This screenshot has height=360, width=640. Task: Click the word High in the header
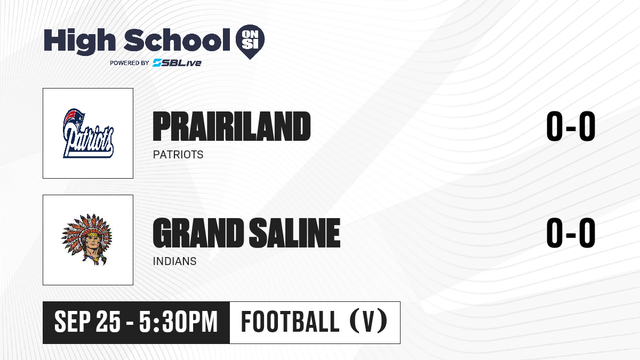79,41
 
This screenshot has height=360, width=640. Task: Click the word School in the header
177,40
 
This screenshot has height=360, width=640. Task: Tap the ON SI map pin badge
250,42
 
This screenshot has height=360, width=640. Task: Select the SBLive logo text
177,63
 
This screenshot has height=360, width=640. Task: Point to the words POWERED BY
130,63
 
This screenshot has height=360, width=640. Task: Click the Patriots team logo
89,133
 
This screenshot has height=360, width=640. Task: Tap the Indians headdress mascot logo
87,239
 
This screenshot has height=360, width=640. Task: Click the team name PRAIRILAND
231,126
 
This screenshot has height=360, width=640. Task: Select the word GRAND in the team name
198,233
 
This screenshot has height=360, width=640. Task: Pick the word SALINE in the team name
295,233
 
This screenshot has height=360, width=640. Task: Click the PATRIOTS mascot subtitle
178,155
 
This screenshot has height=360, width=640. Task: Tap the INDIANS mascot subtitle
174,261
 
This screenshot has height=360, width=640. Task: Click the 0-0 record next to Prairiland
571,126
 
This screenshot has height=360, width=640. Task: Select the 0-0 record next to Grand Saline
571,233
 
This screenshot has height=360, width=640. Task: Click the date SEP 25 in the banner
87,322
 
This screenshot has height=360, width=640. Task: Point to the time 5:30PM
179,322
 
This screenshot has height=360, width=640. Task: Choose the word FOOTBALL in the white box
290,322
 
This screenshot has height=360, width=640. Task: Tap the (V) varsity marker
369,322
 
